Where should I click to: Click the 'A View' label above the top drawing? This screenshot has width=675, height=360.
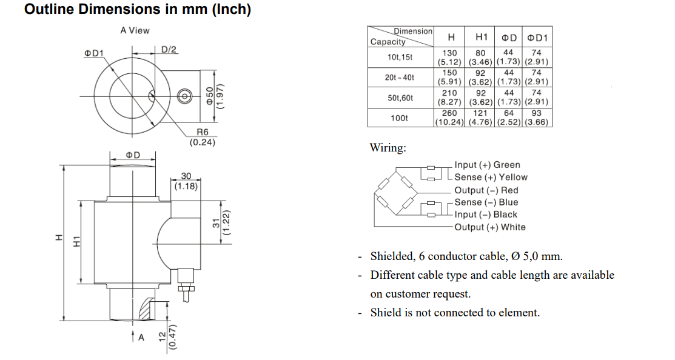(135, 30)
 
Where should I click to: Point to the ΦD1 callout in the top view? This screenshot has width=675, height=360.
(93, 53)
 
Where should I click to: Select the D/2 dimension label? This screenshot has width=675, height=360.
(169, 49)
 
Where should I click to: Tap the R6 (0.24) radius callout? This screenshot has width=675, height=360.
(202, 138)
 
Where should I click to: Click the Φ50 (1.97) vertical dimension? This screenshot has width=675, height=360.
(215, 96)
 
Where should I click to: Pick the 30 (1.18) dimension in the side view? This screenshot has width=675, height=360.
(186, 181)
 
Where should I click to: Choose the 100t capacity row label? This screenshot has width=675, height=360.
(400, 118)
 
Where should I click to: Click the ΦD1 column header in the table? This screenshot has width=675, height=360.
(537, 38)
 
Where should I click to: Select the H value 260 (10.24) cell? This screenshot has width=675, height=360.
(449, 118)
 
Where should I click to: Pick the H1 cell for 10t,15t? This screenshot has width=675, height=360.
(480, 58)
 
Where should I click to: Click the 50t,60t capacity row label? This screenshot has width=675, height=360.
(400, 98)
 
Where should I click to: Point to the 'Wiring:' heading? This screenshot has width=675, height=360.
(388, 148)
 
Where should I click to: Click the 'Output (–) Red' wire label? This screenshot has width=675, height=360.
(486, 190)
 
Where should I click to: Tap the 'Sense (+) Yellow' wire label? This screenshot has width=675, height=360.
(491, 178)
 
